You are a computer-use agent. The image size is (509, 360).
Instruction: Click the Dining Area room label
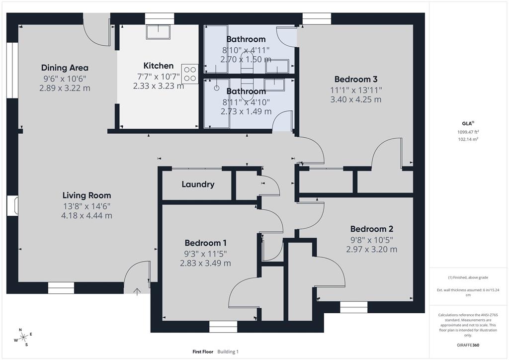coord(65,68)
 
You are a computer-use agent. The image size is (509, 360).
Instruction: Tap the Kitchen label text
coord(159,66)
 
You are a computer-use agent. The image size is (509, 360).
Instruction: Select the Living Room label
coord(86,195)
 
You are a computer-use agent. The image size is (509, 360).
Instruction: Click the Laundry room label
coord(198,184)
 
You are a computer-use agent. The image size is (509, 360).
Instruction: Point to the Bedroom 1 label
coord(205,243)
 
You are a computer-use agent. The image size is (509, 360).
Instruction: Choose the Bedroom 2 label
coord(372,229)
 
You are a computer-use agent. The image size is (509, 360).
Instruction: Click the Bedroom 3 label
coord(356,79)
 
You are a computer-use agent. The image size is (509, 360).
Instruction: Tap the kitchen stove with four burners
coord(190,74)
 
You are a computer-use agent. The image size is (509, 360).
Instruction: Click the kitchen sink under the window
coord(158,32)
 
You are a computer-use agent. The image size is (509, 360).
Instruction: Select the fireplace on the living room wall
coord(12,206)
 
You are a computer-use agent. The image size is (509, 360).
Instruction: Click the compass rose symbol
coord(23,337)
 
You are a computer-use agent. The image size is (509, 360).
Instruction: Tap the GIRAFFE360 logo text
coord(469,345)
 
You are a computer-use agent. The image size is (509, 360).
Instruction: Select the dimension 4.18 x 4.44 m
coord(86,215)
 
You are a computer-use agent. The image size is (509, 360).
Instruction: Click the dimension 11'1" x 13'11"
coord(356,90)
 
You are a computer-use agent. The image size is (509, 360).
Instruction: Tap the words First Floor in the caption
coord(203,352)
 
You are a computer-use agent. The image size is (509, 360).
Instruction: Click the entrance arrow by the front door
coord(138,291)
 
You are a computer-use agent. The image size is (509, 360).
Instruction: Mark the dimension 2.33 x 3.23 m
coord(159,86)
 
